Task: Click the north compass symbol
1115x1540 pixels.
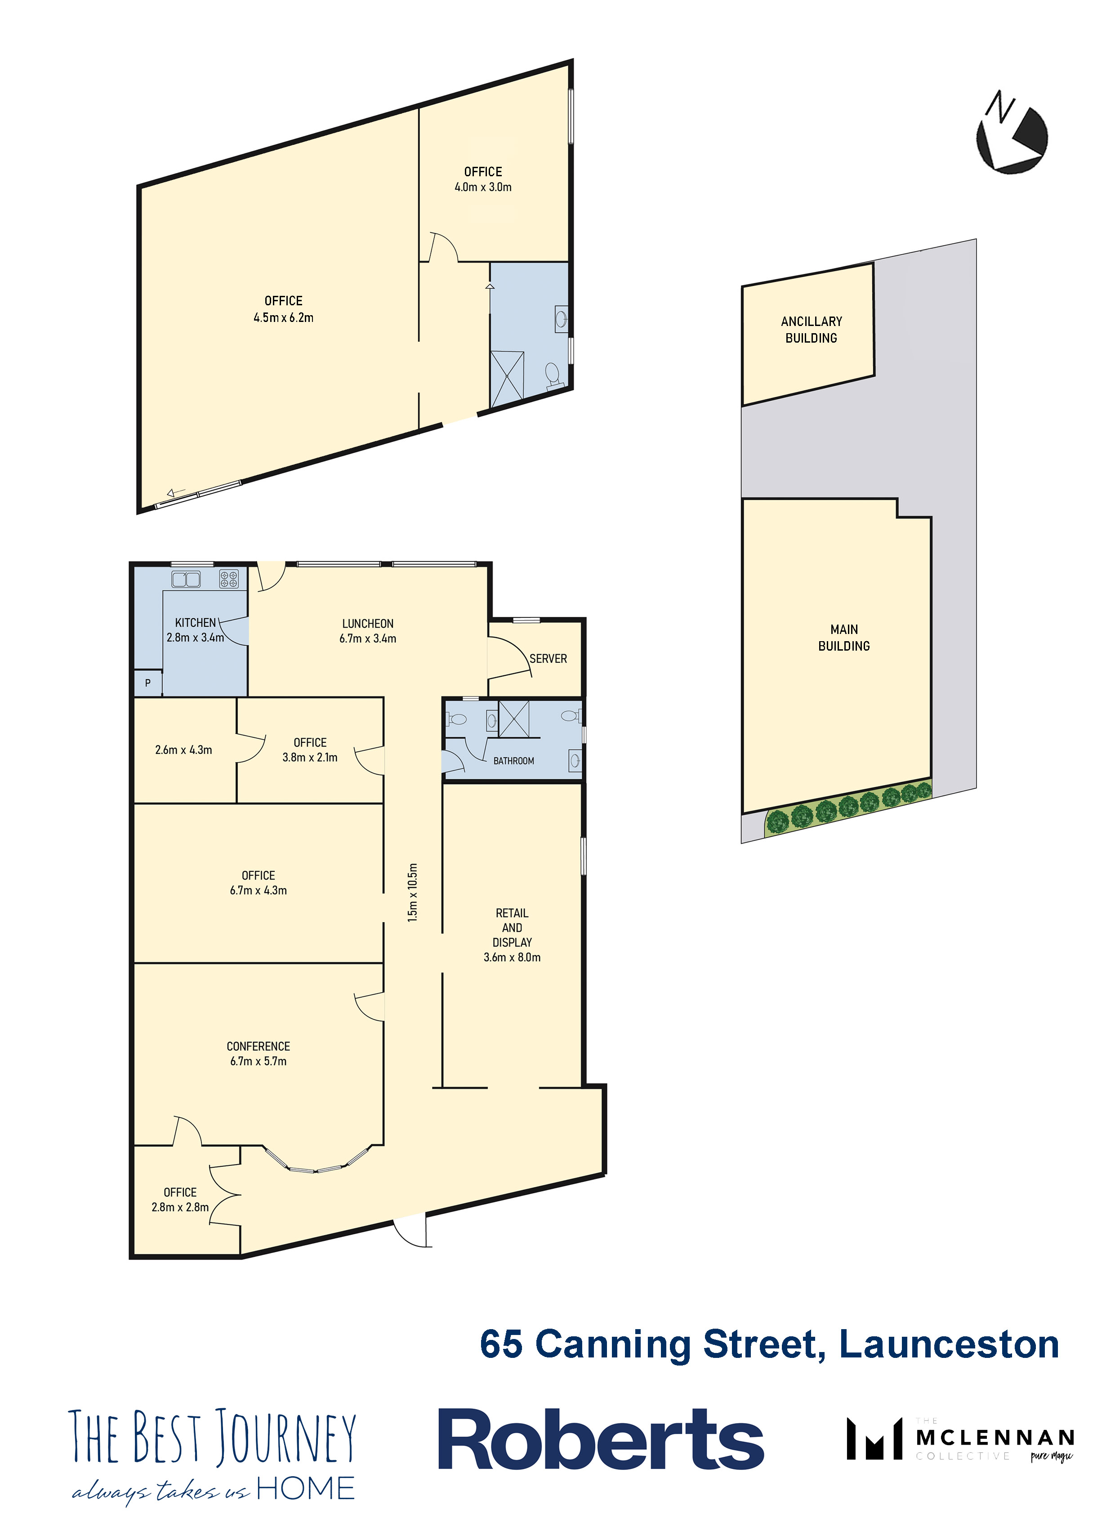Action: [x=1011, y=132]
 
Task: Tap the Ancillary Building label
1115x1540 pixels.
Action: [x=812, y=329]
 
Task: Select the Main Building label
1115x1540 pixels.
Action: [x=844, y=638]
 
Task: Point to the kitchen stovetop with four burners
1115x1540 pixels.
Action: [x=229, y=579]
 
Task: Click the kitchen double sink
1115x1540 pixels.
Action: [x=186, y=579]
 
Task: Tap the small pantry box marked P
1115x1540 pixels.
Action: [x=148, y=683]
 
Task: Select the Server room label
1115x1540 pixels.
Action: [x=548, y=659]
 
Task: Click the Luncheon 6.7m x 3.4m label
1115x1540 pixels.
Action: [x=368, y=631]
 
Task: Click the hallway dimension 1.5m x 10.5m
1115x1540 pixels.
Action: [x=413, y=892]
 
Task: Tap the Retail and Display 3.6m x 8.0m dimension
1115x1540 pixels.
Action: [x=512, y=957]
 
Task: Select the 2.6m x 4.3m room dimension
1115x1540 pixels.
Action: [x=183, y=750]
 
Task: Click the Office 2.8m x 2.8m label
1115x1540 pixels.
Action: [x=180, y=1200]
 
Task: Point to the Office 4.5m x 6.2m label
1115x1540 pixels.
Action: [x=283, y=309]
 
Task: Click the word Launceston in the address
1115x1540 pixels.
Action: [x=949, y=1344]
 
